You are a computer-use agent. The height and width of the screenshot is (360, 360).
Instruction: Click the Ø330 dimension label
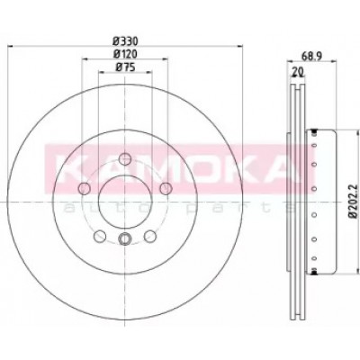[x=125, y=40]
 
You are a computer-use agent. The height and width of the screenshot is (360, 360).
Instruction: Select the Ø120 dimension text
[x=125, y=54]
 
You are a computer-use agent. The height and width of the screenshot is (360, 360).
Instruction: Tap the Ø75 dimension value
[x=125, y=67]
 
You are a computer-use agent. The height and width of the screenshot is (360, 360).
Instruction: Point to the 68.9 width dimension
[x=311, y=56]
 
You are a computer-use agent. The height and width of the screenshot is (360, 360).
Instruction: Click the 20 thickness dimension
[x=297, y=72]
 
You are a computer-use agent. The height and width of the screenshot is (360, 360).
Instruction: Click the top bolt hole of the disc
[x=124, y=159]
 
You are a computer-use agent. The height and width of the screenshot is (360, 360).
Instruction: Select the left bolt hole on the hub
[x=84, y=188]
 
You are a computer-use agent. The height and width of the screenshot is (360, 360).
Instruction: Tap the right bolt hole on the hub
[x=166, y=188]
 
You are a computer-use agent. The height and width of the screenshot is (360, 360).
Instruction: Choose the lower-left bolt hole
[x=100, y=236]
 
